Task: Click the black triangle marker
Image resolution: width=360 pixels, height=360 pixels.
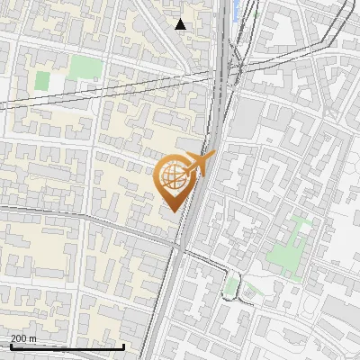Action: [x=181, y=24]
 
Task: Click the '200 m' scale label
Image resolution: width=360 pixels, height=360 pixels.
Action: [x=24, y=338]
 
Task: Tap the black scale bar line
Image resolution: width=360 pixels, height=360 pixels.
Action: [x=67, y=346]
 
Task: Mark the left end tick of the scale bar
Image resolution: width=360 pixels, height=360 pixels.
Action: [x=11, y=346]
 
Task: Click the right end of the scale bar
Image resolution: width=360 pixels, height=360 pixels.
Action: [x=123, y=346]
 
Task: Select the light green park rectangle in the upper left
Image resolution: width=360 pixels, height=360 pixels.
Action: [x=85, y=67]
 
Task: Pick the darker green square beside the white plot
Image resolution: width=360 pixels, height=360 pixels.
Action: [x=42, y=80]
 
